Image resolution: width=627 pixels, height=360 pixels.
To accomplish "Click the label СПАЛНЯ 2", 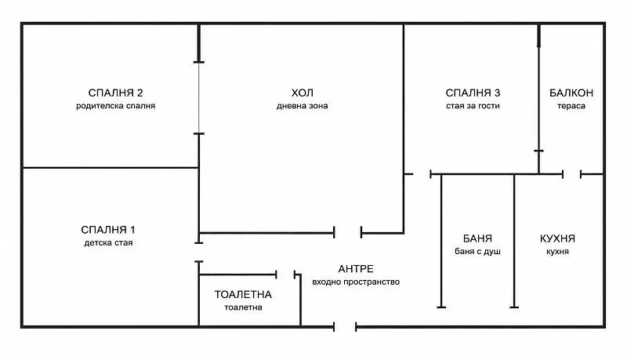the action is tap(115, 93).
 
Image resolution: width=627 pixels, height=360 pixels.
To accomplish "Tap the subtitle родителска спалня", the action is tap(115, 106).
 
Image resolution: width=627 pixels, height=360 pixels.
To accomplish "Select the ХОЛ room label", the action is tap(303, 93).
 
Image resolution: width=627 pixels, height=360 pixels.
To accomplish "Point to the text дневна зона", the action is tap(303, 106).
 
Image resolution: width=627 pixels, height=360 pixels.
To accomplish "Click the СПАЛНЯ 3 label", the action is tap(473, 93).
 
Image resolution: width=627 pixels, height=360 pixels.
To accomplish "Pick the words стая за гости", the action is tap(473, 106).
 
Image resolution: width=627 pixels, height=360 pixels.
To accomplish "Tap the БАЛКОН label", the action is tap(571, 93).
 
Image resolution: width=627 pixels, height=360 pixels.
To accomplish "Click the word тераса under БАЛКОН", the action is tap(571, 106).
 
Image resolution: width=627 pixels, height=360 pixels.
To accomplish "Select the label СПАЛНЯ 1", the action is tap(108, 230).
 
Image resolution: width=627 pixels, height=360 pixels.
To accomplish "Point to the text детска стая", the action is tap(108, 243).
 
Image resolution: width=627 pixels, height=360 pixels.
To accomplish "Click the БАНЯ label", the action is tap(477, 238).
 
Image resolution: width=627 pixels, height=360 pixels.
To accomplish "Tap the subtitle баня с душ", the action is tap(477, 252).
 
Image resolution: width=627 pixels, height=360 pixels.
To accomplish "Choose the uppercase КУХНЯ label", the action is tap(557, 238).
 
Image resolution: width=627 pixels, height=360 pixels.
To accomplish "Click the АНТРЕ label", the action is tap(356, 269).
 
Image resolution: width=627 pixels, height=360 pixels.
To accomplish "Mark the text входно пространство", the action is tap(356, 282).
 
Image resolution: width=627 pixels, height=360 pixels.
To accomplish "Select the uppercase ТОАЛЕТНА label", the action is tap(243, 294).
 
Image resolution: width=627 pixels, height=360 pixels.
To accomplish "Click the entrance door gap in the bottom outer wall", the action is tap(345, 327).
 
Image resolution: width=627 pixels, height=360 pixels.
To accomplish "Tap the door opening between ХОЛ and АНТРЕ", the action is tap(347, 232).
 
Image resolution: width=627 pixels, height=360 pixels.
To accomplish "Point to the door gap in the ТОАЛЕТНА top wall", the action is tap(285, 275).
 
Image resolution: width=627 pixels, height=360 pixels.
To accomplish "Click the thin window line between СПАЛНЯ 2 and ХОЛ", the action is tap(199, 98).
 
